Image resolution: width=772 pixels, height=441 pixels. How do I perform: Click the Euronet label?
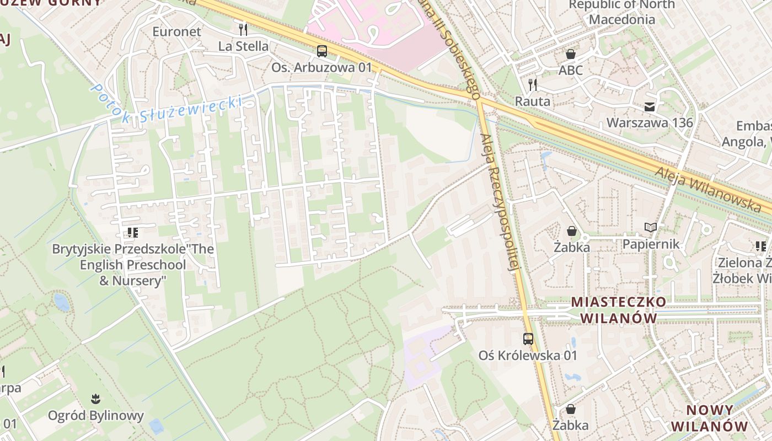click(x=177, y=31)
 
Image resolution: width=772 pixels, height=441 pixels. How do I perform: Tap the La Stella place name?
click(x=243, y=46)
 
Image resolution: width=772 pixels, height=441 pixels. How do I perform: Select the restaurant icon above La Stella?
click(x=243, y=29)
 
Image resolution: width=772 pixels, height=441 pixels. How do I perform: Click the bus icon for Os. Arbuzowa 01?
click(x=321, y=51)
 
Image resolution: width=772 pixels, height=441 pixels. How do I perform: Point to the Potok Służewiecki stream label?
click(x=165, y=105)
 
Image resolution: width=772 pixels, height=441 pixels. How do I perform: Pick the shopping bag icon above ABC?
click(x=570, y=54)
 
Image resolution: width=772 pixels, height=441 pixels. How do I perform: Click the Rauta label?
click(x=533, y=101)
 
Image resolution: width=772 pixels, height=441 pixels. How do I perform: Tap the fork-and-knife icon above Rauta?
click(x=533, y=84)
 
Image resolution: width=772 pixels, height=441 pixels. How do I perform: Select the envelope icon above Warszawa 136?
click(x=650, y=106)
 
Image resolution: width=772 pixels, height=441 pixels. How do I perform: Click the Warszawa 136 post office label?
click(x=650, y=122)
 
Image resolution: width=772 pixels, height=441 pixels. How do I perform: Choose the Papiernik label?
click(x=651, y=244)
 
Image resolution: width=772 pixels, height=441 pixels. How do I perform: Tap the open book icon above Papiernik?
click(x=651, y=227)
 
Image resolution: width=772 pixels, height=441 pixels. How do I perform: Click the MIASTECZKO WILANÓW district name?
click(x=619, y=310)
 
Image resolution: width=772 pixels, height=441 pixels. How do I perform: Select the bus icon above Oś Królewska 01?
click(x=528, y=339)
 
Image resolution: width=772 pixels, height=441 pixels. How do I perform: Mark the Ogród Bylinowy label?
click(x=96, y=415)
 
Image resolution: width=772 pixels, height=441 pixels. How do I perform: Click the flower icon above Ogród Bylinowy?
click(x=96, y=399)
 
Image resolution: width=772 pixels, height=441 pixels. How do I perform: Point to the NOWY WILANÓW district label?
click(x=710, y=418)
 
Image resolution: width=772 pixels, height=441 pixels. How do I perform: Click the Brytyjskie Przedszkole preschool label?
click(x=133, y=265)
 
